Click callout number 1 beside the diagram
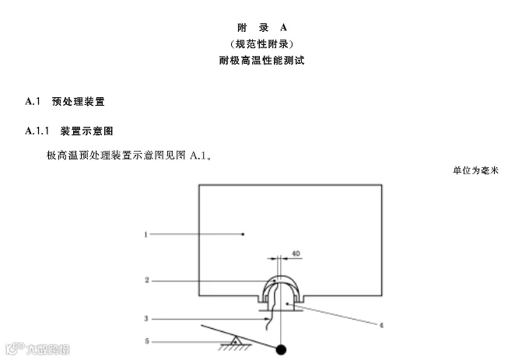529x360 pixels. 145,232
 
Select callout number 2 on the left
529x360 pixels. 145,279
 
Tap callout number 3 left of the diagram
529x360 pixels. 145,317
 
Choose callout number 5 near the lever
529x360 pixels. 145,341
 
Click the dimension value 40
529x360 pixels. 296,253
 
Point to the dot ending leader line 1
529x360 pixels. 243,232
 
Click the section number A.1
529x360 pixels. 33,101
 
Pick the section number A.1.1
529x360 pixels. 37,130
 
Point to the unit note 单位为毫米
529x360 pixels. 475,170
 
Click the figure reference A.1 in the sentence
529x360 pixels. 199,156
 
